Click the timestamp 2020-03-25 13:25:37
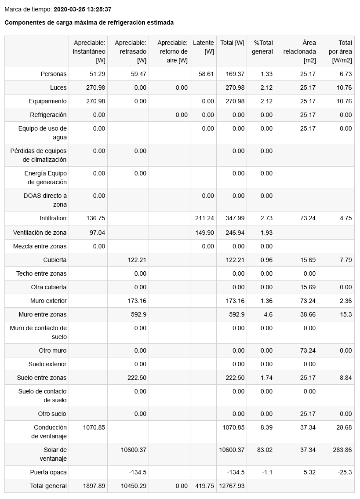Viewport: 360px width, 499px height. tap(82, 9)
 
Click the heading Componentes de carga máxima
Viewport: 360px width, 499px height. tap(89, 22)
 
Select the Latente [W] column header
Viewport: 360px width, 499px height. tap(203, 47)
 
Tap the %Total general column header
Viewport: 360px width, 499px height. tap(263, 47)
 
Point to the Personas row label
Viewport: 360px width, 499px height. tap(54, 74)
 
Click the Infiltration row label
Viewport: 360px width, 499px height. tap(53, 218)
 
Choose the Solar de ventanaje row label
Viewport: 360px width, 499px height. tap(55, 454)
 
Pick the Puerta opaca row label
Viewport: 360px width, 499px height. tap(48, 472)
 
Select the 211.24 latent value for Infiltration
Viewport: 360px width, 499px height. tap(204, 218)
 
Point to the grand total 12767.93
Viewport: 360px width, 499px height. tap(232, 486)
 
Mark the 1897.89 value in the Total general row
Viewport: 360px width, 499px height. tap(94, 486)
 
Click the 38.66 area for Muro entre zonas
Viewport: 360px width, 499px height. tap(308, 314)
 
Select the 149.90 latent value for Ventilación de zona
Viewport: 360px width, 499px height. tap(204, 233)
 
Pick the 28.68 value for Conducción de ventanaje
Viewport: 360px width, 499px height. tap(344, 427)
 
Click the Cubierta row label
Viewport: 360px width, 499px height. tap(55, 260)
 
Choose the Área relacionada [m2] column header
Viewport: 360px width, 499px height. tap(300, 51)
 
